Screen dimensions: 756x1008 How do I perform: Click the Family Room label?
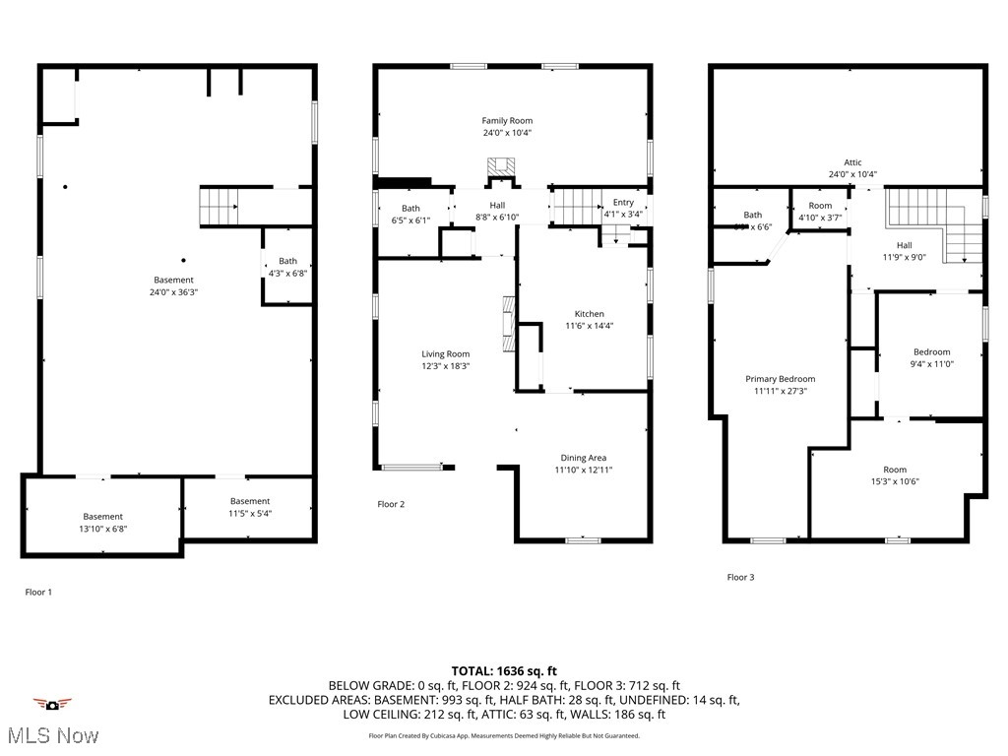pyautogui.click(x=508, y=121)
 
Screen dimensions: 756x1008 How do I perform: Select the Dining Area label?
pyautogui.click(x=584, y=458)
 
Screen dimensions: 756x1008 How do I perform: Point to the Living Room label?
pyautogui.click(x=445, y=354)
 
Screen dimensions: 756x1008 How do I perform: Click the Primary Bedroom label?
pyautogui.click(x=780, y=379)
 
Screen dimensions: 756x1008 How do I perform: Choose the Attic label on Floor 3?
pyautogui.click(x=852, y=162)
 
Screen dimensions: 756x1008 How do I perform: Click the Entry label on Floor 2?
pyautogui.click(x=623, y=203)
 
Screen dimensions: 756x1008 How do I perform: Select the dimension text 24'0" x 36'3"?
pyautogui.click(x=173, y=292)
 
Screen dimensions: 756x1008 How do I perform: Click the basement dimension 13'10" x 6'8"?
pyautogui.click(x=102, y=529)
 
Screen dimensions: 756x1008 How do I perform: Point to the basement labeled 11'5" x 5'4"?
pyautogui.click(x=250, y=501)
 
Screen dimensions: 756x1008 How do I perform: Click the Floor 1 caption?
pyautogui.click(x=38, y=593)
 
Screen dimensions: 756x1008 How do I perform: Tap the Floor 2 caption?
pyautogui.click(x=391, y=504)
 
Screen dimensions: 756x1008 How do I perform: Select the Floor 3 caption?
pyautogui.click(x=740, y=577)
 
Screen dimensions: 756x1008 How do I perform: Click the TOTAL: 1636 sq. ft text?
pyautogui.click(x=503, y=670)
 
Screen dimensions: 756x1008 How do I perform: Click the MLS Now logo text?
pyautogui.click(x=51, y=735)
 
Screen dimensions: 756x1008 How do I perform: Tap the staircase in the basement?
pyautogui.click(x=219, y=206)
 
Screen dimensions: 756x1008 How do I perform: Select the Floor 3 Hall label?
pyautogui.click(x=904, y=245)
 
